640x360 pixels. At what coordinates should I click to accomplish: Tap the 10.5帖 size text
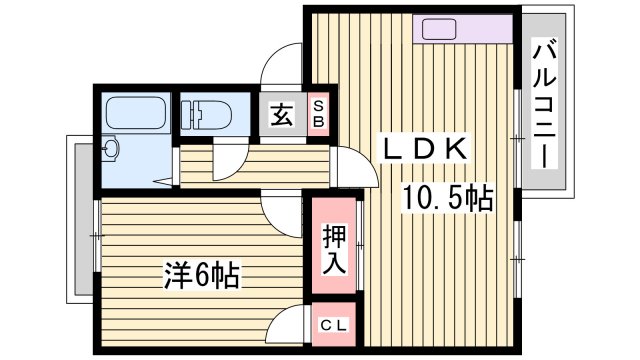point(448,198)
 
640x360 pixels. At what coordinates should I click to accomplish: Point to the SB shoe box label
point(318,114)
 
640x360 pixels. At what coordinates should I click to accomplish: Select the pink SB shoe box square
point(318,114)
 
